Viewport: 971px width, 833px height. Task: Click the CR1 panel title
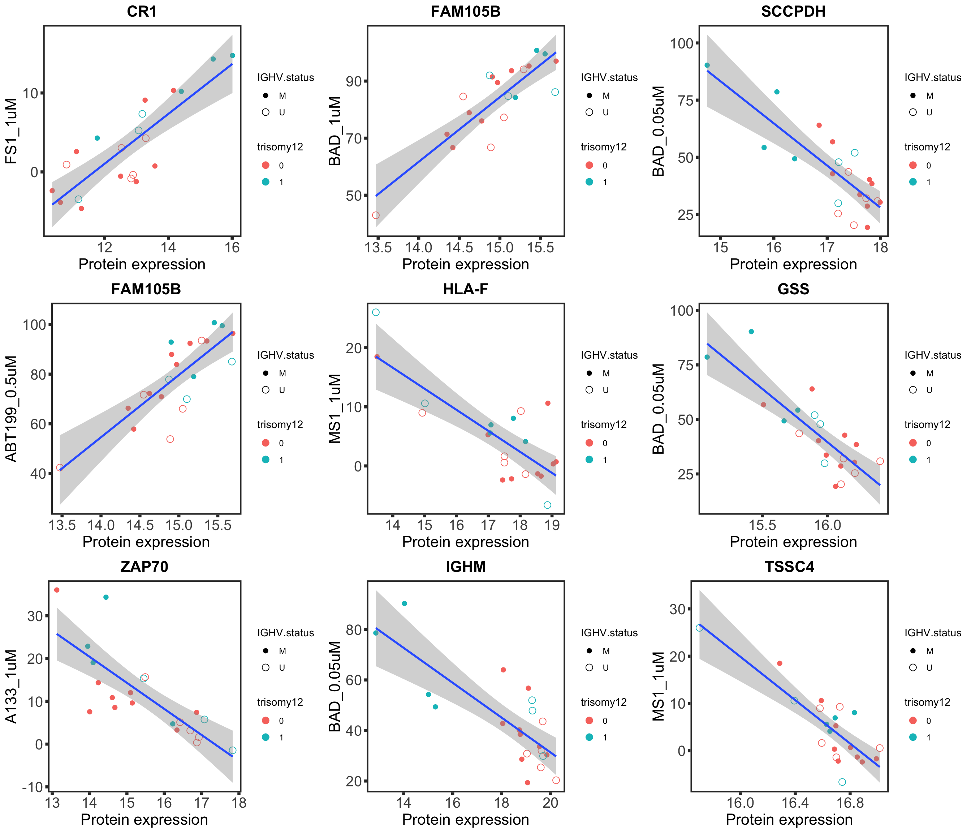[142, 11]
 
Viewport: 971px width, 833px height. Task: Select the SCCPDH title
[793, 11]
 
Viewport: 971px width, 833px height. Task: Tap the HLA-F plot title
[465, 289]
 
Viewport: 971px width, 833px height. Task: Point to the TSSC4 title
[789, 567]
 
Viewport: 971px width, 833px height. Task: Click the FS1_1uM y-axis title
[11, 131]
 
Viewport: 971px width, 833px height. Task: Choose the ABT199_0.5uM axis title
[11, 409]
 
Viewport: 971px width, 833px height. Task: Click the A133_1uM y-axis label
[11, 686]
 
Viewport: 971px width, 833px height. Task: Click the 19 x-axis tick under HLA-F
[553, 524]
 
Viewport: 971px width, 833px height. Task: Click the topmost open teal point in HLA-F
[376, 312]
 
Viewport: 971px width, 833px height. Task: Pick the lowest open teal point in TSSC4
[842, 782]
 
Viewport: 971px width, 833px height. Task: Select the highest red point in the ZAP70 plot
[57, 590]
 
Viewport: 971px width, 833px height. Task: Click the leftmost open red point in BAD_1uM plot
[376, 215]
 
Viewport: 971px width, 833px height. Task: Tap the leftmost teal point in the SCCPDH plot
[707, 65]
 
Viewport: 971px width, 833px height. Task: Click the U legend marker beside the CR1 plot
[266, 112]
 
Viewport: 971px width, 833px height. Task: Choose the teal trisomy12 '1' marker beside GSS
[913, 460]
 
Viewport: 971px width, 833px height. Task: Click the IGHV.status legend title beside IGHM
[609, 633]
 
